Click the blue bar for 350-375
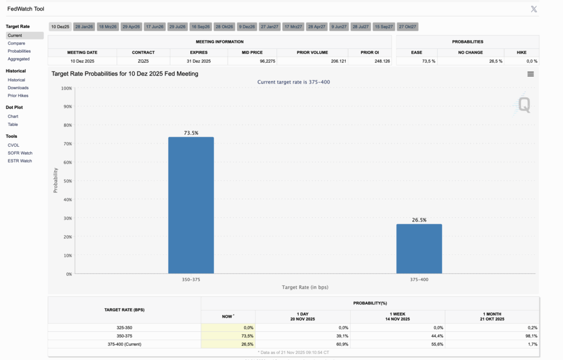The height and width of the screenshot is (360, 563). [191, 205]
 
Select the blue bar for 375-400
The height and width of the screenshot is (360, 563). [419, 249]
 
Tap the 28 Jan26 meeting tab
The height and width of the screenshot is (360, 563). [84, 26]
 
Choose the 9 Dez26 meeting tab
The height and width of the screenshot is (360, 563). [247, 26]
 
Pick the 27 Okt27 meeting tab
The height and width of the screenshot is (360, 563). [407, 26]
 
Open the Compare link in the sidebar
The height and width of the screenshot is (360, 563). [16, 43]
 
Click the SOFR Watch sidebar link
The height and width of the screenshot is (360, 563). [20, 153]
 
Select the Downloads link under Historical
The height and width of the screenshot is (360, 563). [18, 88]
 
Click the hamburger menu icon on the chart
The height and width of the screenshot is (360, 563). [531, 74]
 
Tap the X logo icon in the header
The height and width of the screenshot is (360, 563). [534, 9]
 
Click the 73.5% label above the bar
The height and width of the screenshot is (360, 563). [191, 133]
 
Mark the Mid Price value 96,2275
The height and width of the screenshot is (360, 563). [268, 62]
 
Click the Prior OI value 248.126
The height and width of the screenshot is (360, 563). [382, 62]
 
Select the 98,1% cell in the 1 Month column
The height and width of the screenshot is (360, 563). [532, 336]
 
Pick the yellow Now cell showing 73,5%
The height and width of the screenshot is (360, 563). [228, 336]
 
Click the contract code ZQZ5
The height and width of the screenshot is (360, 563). [143, 62]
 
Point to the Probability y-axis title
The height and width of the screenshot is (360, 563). [56, 180]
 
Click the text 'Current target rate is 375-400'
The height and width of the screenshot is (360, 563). [294, 82]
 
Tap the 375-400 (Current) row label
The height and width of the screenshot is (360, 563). [124, 344]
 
